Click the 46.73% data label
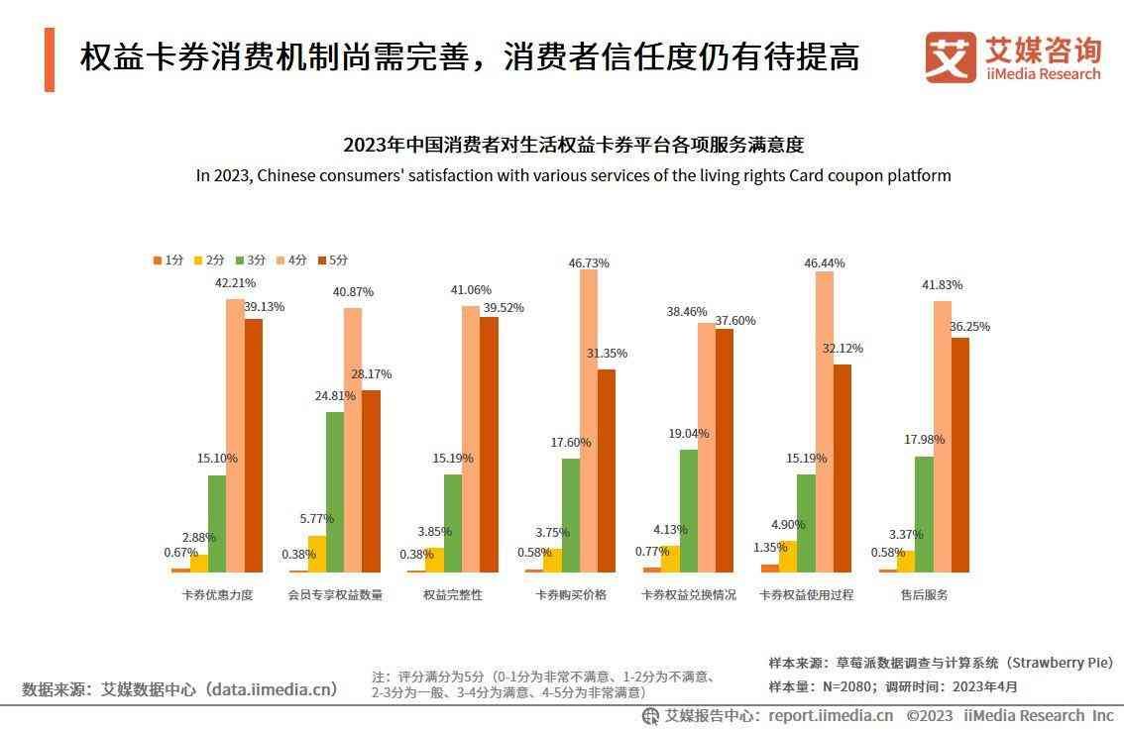point(589,263)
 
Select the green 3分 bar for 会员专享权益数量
point(335,491)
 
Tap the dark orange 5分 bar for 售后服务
point(960,455)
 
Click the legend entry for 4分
point(295,261)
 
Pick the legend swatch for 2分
point(198,261)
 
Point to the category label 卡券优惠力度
point(218,595)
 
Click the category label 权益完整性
point(453,595)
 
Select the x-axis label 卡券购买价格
point(571,595)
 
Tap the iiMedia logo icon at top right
point(951,57)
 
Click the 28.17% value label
point(372,374)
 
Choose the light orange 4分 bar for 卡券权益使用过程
point(824,421)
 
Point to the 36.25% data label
point(969,327)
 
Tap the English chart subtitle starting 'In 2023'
point(573,176)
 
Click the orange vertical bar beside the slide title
point(50,59)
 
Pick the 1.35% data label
point(770,548)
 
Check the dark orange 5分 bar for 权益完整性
point(489,444)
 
